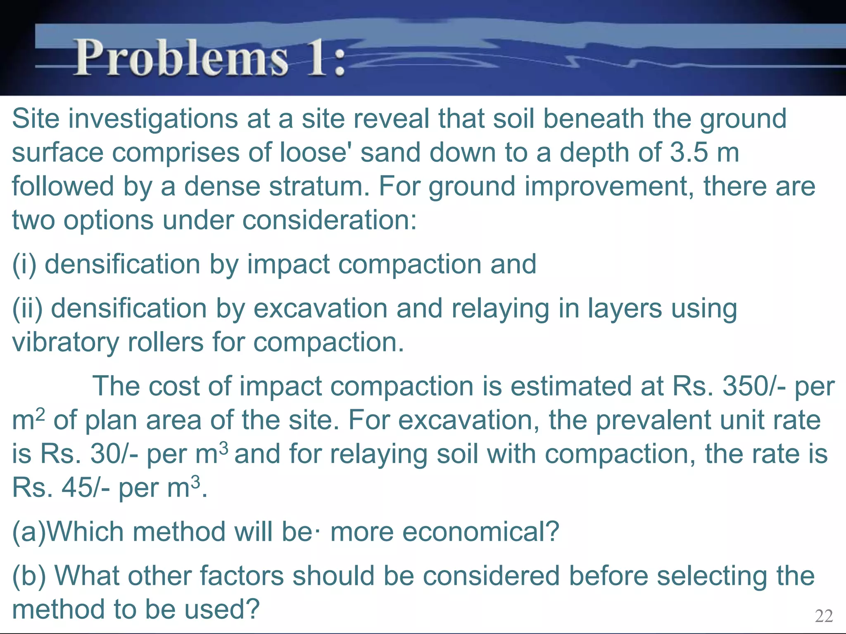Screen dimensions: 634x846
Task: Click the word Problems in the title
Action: pyautogui.click(x=181, y=58)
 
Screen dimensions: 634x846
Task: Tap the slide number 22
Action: pyautogui.click(x=824, y=616)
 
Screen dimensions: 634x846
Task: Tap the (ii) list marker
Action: pyautogui.click(x=27, y=309)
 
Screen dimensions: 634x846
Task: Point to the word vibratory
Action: pyautogui.click(x=65, y=343)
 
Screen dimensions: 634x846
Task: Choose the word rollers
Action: pyautogui.click(x=165, y=343)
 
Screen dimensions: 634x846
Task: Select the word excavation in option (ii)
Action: pyautogui.click(x=321, y=309)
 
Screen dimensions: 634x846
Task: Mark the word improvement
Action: pyautogui.click(x=607, y=187)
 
